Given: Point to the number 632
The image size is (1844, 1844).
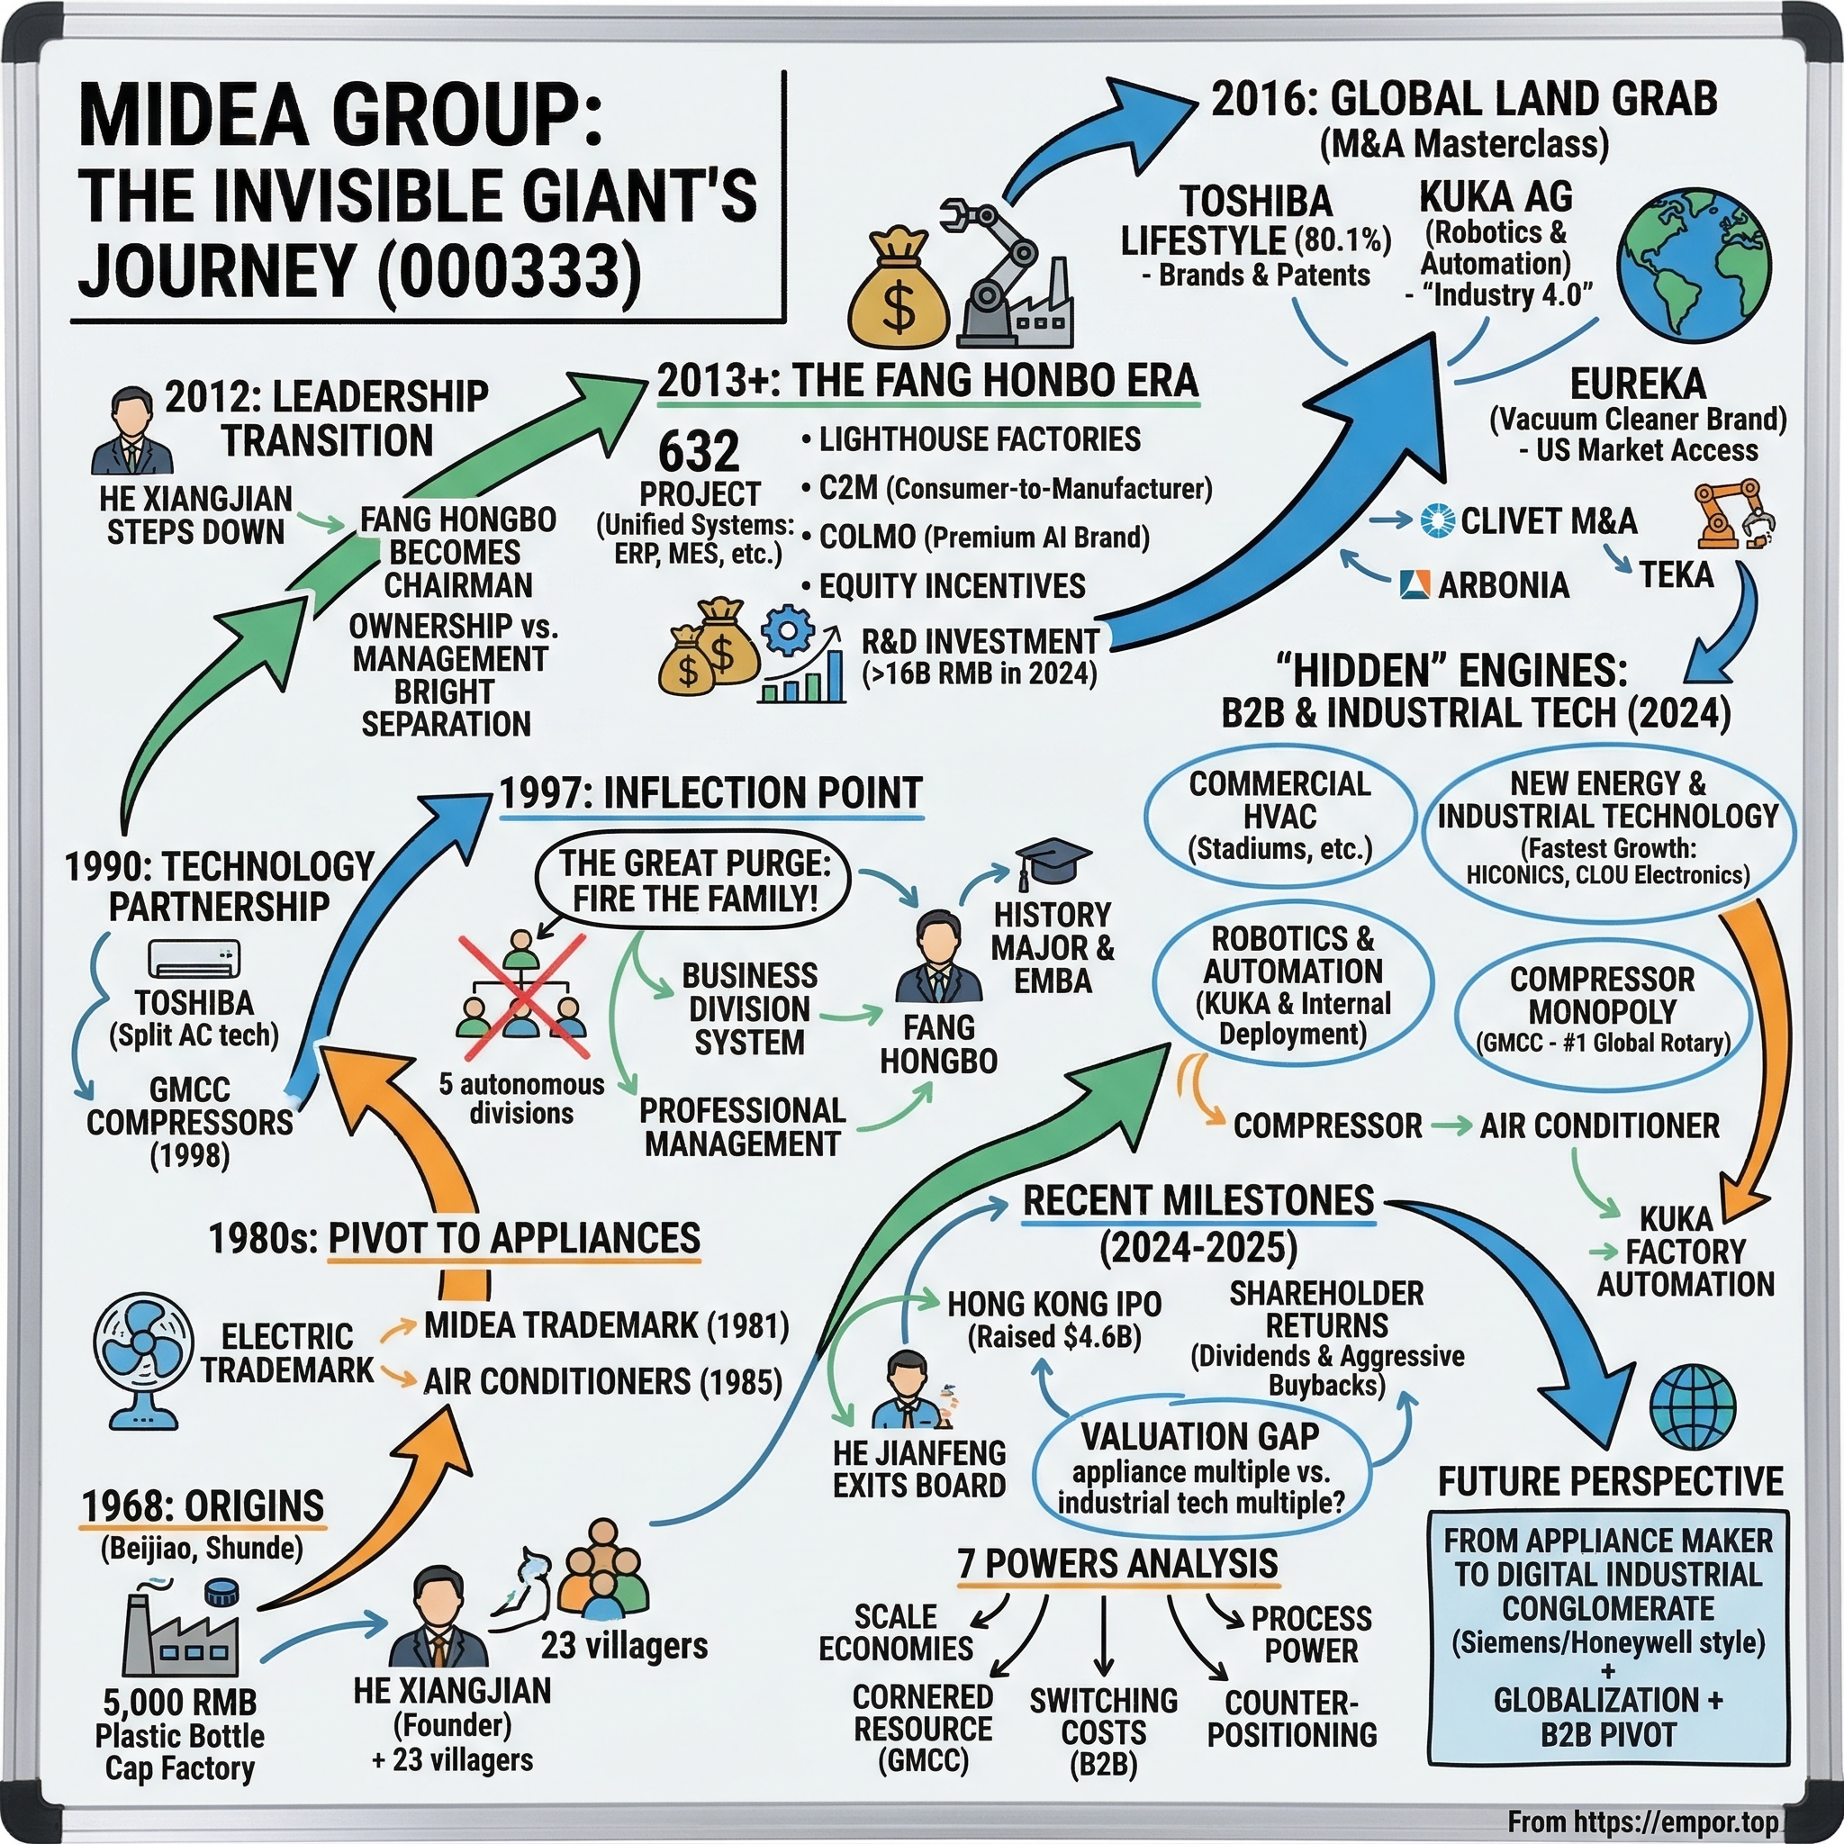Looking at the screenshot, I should [x=699, y=451].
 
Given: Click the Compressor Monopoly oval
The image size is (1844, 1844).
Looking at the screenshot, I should [x=1603, y=1008].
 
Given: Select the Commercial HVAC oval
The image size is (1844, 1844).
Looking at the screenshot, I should [x=1279, y=816].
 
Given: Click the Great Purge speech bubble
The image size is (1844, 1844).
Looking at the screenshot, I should [x=694, y=881].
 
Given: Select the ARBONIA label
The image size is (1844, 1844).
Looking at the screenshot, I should [x=1503, y=585].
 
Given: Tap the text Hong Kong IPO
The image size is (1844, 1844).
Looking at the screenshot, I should [x=1053, y=1304].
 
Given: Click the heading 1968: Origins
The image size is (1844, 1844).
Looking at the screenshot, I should [x=203, y=1505].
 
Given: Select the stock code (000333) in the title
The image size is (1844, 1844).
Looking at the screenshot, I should [x=512, y=271].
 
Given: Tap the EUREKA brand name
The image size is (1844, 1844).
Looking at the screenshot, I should [x=1638, y=384].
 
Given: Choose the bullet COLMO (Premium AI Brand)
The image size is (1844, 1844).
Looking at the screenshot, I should [x=983, y=538].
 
